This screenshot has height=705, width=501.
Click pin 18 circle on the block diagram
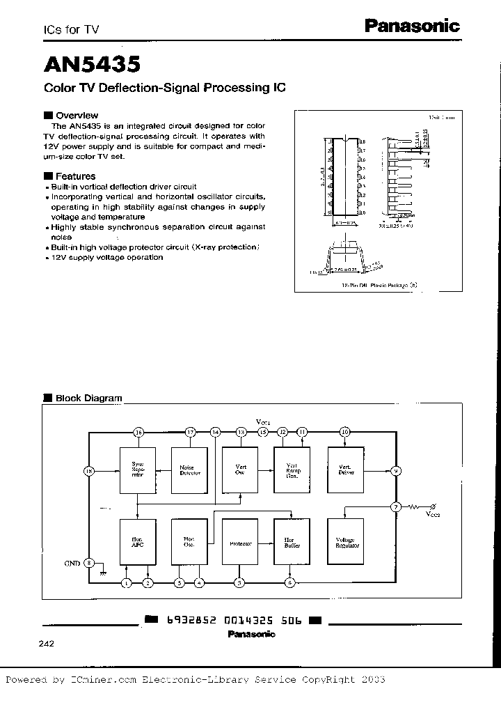pyautogui.click(x=88, y=471)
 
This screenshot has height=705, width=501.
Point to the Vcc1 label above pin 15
pyautogui.click(x=262, y=422)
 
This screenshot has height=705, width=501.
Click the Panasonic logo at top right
pyautogui.click(x=413, y=26)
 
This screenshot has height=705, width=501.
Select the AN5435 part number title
pyautogui.click(x=93, y=64)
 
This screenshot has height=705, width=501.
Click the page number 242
pyautogui.click(x=47, y=644)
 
